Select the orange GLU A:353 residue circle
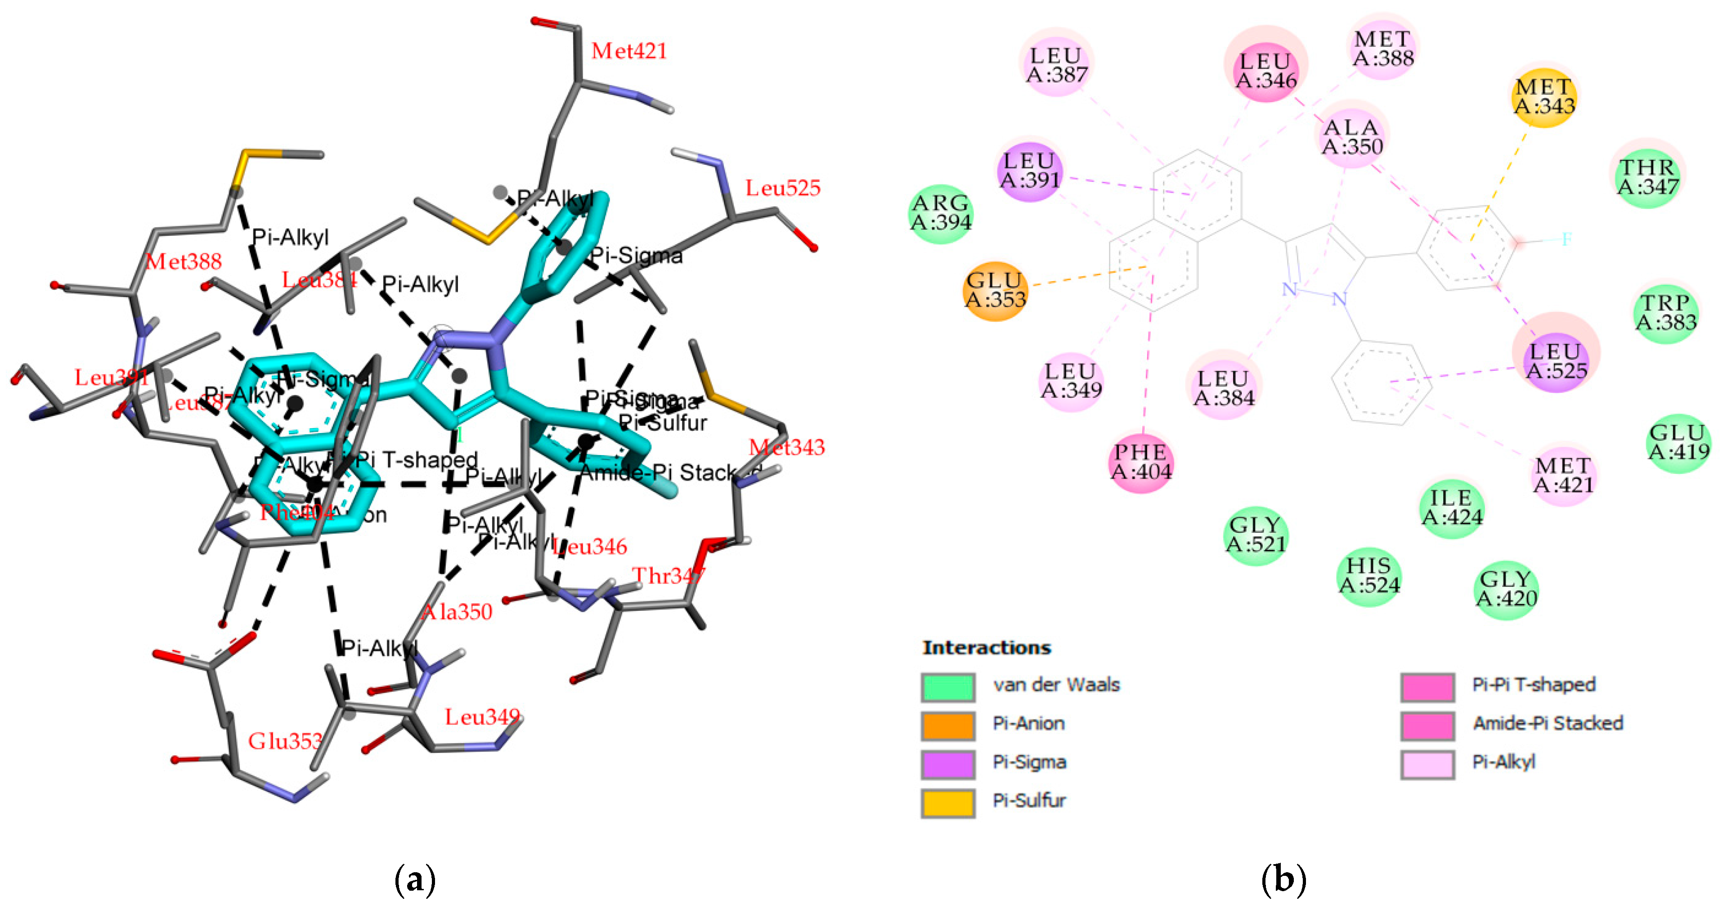pos(995,290)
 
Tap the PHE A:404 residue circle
pos(1141,462)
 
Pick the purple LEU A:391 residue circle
pos(1030,171)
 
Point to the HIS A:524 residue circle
pos(1369,576)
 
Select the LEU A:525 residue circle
pos(1556,361)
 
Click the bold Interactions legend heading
pos(986,648)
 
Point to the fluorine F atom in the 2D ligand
pos(1566,239)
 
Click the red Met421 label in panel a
pos(629,51)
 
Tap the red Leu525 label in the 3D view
pos(783,188)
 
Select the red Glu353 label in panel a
pos(285,741)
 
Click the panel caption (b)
pos(1283,879)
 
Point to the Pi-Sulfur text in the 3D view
pos(662,423)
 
